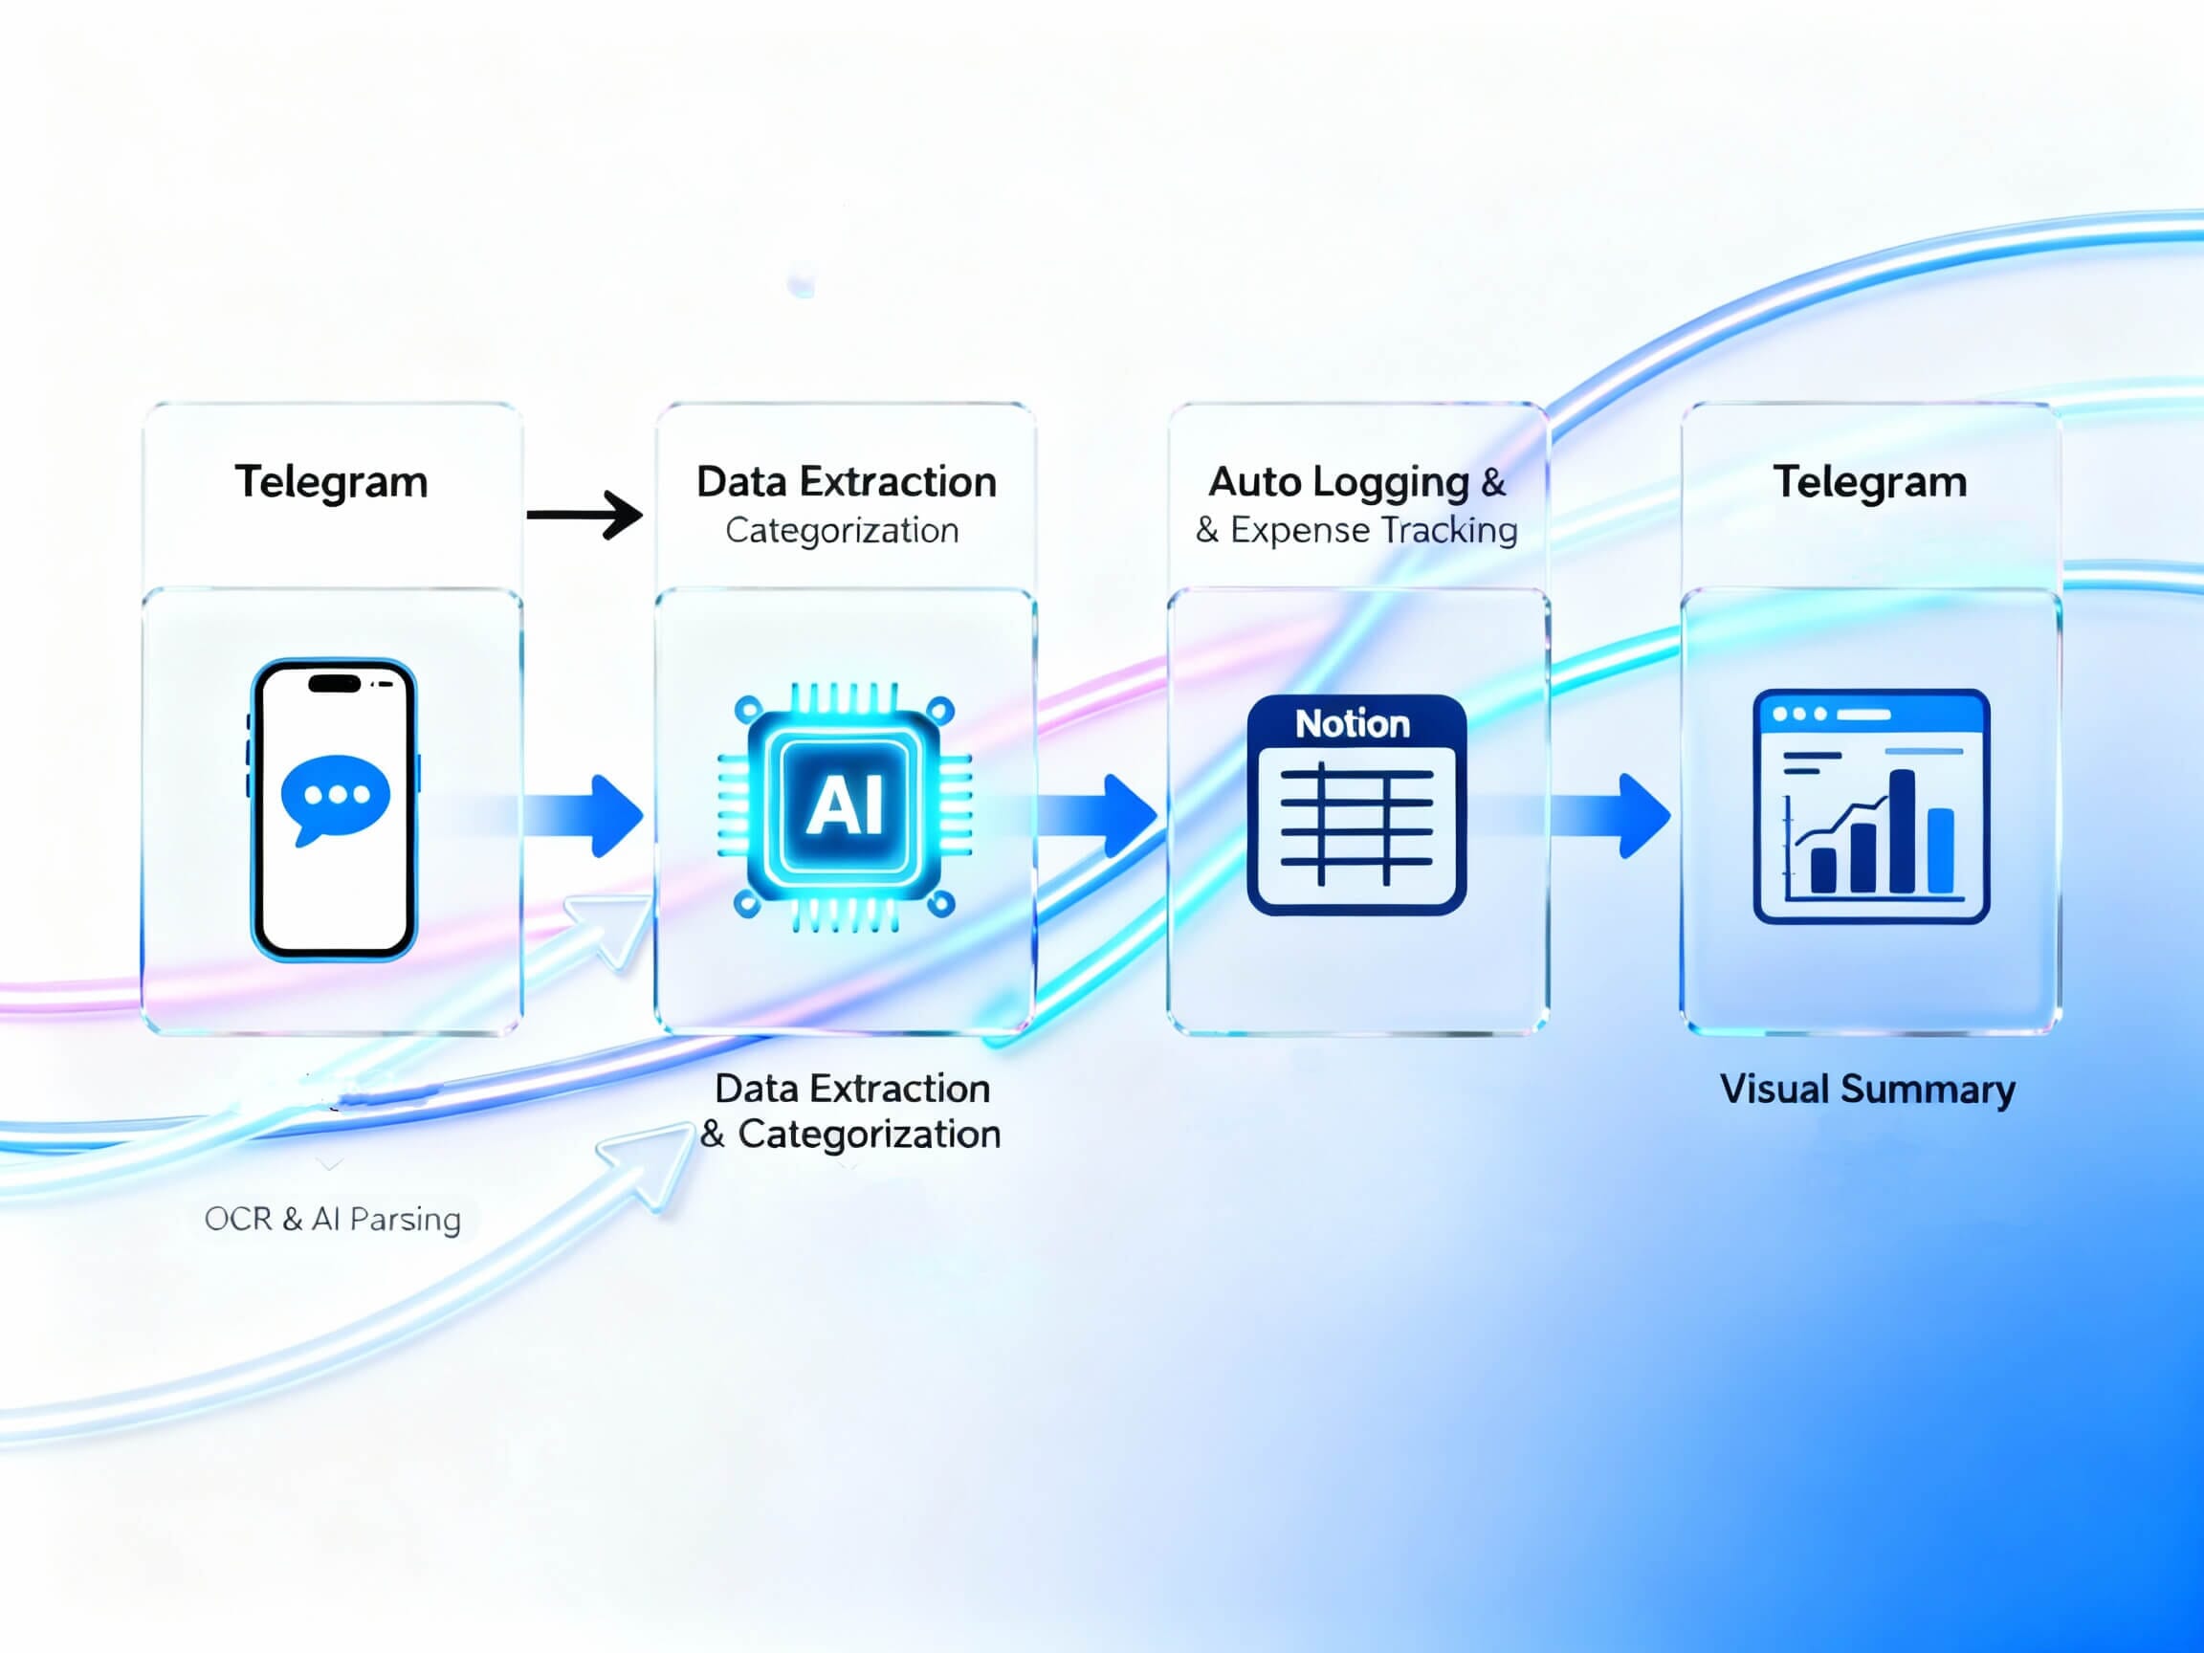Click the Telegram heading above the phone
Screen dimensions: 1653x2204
[x=331, y=482]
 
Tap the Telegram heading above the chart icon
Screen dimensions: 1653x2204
[x=1869, y=482]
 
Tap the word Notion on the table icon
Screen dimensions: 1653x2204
[x=1352, y=724]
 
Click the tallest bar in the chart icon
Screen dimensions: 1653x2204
[x=1901, y=831]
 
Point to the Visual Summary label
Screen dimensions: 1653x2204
[x=1867, y=1089]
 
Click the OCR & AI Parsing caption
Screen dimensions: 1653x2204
[x=332, y=1219]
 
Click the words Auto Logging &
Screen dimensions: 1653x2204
[x=1356, y=482]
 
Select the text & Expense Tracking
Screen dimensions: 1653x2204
[x=1356, y=530]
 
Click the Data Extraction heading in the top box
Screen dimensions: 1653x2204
[x=846, y=482]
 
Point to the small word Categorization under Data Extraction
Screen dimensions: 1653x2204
[x=842, y=530]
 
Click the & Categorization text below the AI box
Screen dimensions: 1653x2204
[x=849, y=1134]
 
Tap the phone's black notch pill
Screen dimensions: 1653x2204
[x=334, y=684]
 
